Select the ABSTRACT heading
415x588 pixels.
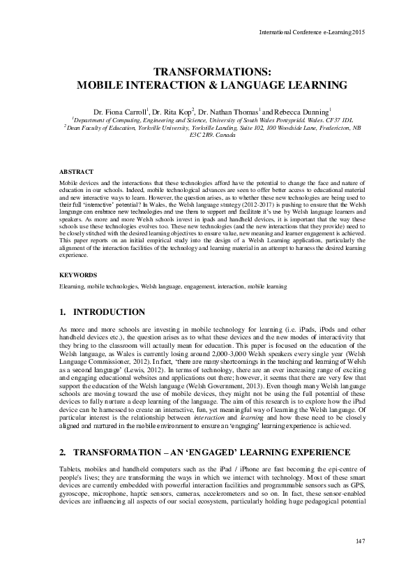(75, 171)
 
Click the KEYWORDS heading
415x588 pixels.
(78, 275)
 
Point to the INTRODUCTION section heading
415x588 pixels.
(109, 311)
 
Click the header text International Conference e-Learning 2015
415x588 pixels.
(312, 32)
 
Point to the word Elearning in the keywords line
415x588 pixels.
(73, 286)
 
